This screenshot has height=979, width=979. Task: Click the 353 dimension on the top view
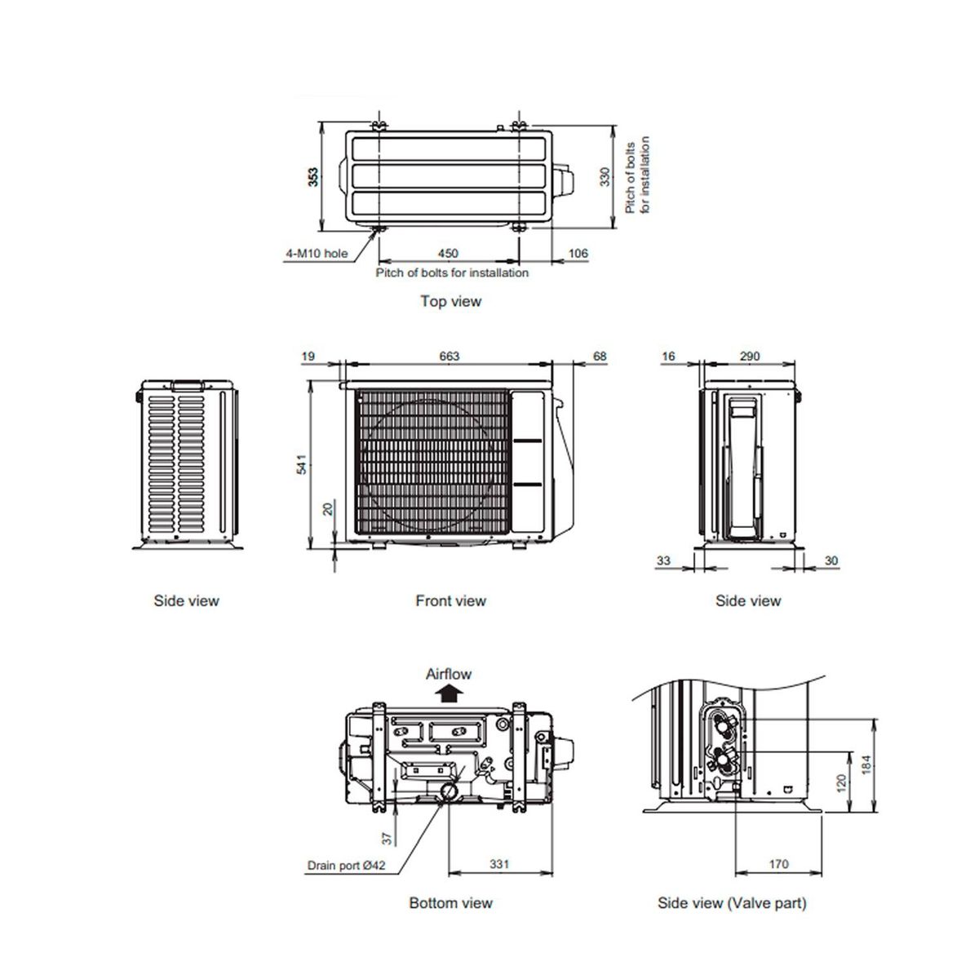pyautogui.click(x=313, y=177)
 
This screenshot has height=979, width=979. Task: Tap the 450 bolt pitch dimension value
pyautogui.click(x=448, y=253)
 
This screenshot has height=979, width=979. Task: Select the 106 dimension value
pyautogui.click(x=578, y=253)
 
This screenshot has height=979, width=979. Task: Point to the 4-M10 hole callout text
pyautogui.click(x=317, y=253)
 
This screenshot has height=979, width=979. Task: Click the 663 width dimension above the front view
pyautogui.click(x=449, y=357)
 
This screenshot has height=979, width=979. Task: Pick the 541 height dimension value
pyautogui.click(x=302, y=464)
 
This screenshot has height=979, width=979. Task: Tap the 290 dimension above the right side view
pyautogui.click(x=750, y=357)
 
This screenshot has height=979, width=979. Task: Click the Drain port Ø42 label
pyautogui.click(x=346, y=866)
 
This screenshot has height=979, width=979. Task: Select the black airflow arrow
pyautogui.click(x=448, y=693)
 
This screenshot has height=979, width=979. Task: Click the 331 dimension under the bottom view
pyautogui.click(x=499, y=864)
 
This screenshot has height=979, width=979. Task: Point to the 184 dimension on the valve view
pyautogui.click(x=866, y=764)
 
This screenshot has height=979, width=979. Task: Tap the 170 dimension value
pyautogui.click(x=778, y=864)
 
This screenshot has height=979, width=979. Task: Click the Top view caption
pyautogui.click(x=450, y=301)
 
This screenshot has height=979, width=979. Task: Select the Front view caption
pyautogui.click(x=450, y=600)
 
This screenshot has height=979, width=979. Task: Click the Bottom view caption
pyautogui.click(x=450, y=903)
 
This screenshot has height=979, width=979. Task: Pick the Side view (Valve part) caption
pyautogui.click(x=732, y=903)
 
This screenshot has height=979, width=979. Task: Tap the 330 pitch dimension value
pyautogui.click(x=605, y=177)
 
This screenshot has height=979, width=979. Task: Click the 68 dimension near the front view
pyautogui.click(x=600, y=357)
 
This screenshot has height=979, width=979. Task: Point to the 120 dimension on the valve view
pyautogui.click(x=841, y=783)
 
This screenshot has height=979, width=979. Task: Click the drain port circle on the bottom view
pyautogui.click(x=450, y=791)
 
